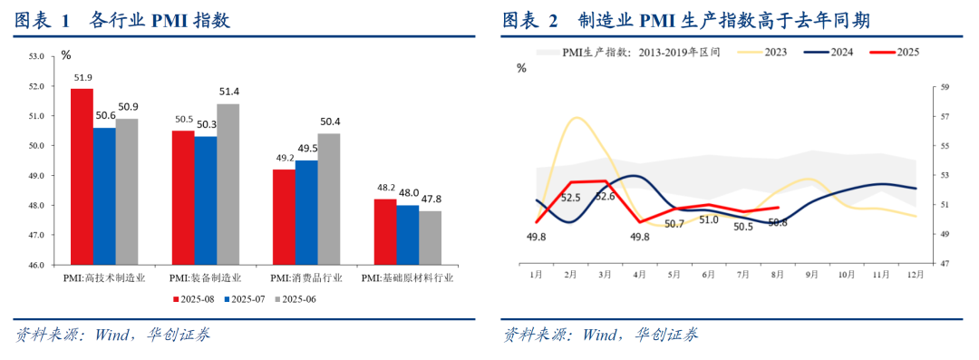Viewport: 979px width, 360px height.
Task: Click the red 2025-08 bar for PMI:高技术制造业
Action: coord(82,177)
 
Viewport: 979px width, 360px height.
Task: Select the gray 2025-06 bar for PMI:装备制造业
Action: coord(228,184)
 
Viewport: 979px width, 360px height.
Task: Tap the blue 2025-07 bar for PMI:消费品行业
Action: coord(306,212)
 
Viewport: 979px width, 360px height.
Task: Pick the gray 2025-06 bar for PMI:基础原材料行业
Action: coord(431,238)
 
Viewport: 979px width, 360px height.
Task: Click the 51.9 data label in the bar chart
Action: coord(82,78)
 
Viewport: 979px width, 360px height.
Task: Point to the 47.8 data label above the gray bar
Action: coord(431,199)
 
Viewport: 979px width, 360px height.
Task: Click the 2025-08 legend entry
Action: coord(194,299)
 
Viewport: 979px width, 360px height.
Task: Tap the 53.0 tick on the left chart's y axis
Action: coord(37,56)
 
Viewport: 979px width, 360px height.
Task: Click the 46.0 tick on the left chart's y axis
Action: coord(37,265)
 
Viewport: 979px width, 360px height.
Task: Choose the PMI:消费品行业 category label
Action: coord(306,277)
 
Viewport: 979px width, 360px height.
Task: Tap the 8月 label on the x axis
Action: coord(778,274)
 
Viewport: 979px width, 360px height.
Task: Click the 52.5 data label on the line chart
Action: coord(571,198)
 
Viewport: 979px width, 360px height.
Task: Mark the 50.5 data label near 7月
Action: coord(743,227)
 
